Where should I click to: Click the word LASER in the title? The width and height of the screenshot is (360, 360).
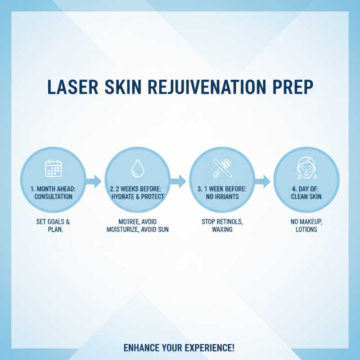pos(72,87)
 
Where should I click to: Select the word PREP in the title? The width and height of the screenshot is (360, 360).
pos(289,87)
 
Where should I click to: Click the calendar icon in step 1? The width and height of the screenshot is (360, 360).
pos(53,168)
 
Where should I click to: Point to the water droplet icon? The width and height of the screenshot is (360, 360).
pos(136,169)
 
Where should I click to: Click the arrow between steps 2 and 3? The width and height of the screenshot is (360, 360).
pos(178,181)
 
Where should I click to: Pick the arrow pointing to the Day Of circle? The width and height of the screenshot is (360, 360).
pos(262,181)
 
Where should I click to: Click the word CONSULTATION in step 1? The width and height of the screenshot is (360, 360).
pos(53,197)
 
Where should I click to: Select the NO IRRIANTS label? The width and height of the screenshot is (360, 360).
pos(222,197)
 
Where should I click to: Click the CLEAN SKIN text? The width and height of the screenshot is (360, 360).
pos(306,197)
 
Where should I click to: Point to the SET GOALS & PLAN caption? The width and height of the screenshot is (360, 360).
pos(53,226)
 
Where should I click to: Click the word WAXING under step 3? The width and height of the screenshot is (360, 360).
pos(222,230)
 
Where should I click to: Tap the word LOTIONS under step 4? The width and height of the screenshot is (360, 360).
pos(306,229)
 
